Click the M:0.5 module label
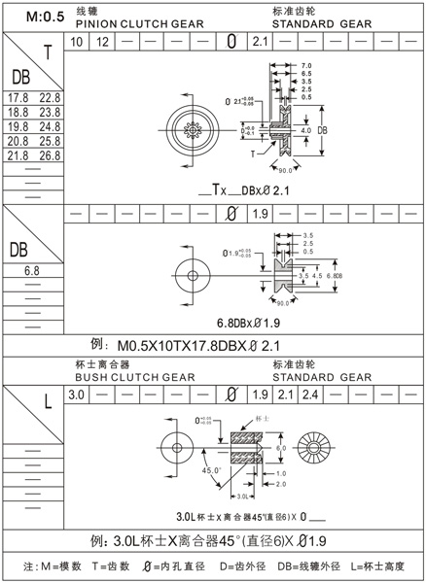[34, 17]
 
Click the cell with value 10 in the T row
[77, 41]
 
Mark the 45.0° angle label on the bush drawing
[213, 470]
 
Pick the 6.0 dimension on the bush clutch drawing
[282, 447]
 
